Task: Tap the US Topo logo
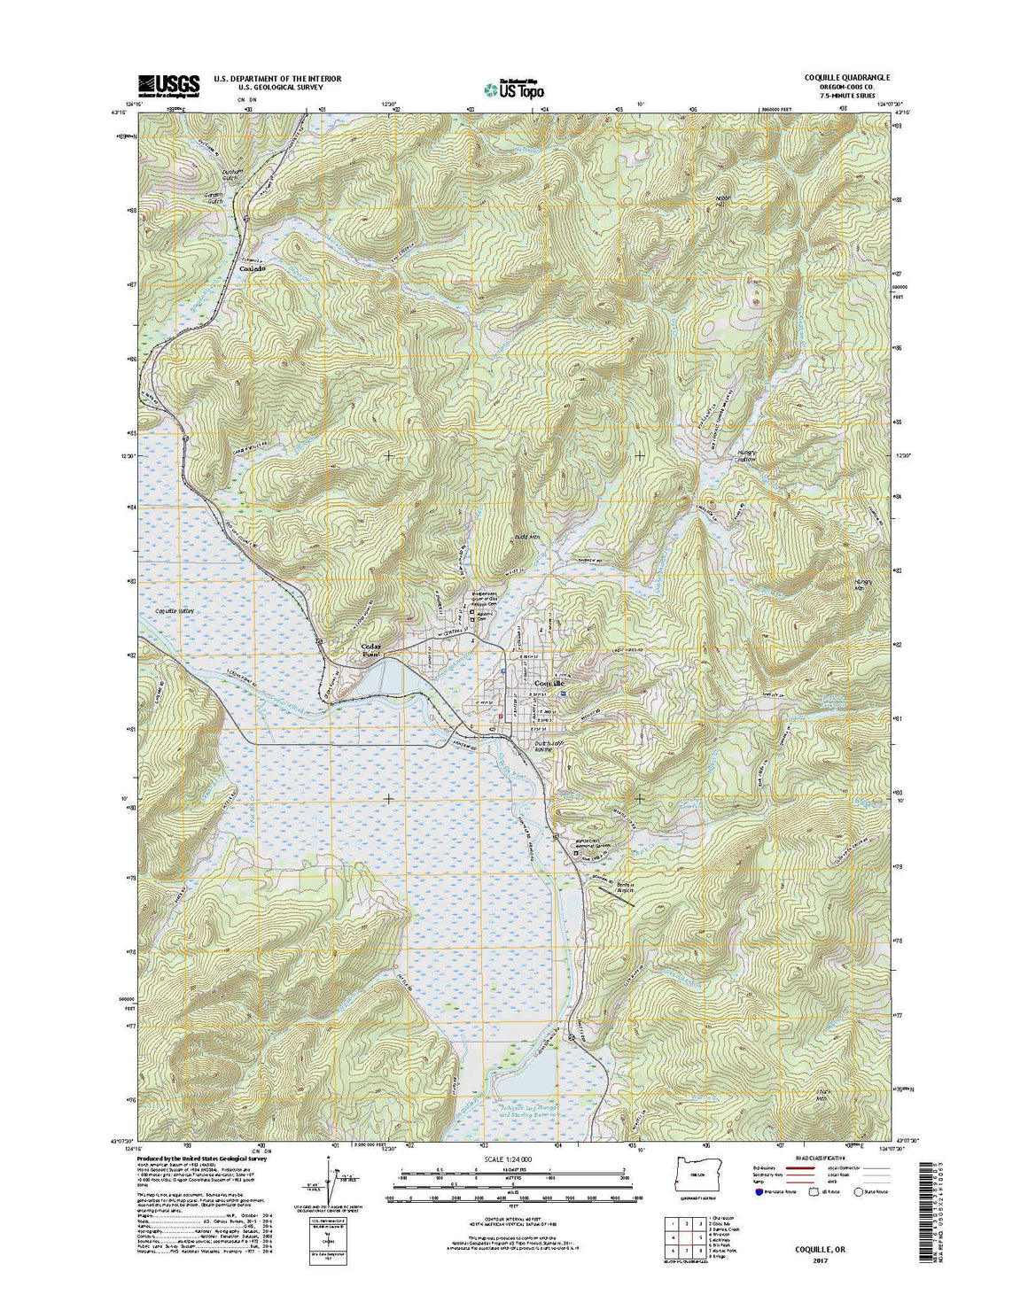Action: tap(514, 87)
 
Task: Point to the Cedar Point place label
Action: tap(370, 651)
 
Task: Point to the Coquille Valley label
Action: tap(174, 611)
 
